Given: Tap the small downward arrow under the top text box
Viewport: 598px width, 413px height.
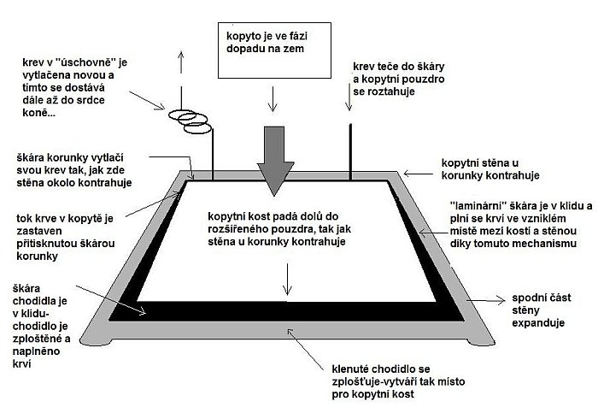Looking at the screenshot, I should (273, 101).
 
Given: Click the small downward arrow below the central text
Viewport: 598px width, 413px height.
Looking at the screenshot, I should (288, 279).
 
